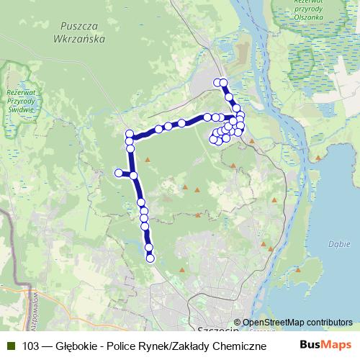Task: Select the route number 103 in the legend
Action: (31, 346)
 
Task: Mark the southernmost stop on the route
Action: (150, 258)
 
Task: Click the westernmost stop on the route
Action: (119, 172)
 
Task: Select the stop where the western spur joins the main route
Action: (134, 175)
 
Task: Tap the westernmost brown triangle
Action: (147, 159)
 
